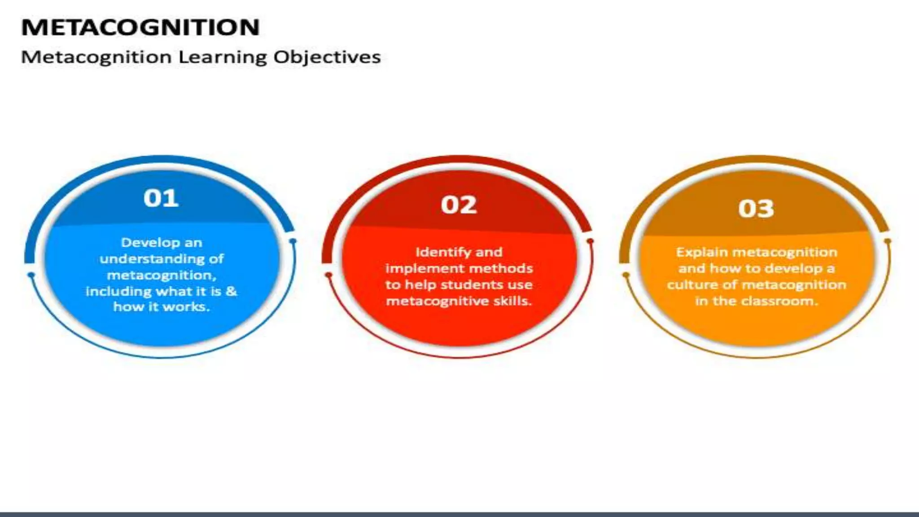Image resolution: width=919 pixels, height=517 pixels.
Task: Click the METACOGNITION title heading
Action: tap(140, 27)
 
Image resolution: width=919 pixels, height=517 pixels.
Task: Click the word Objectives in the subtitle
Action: tap(327, 57)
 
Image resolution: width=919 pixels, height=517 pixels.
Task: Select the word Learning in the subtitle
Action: tap(223, 57)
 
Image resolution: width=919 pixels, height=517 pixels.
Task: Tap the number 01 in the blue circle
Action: tap(161, 198)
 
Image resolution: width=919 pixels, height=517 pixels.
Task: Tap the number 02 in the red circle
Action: tap(459, 205)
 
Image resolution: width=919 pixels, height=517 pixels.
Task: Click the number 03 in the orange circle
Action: tap(756, 209)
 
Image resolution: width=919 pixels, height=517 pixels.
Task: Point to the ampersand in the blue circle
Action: tap(232, 291)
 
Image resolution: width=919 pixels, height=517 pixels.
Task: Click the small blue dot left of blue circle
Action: tap(31, 275)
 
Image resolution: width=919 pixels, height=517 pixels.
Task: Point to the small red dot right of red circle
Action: tap(590, 242)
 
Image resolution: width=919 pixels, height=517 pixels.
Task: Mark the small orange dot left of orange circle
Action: tap(626, 275)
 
